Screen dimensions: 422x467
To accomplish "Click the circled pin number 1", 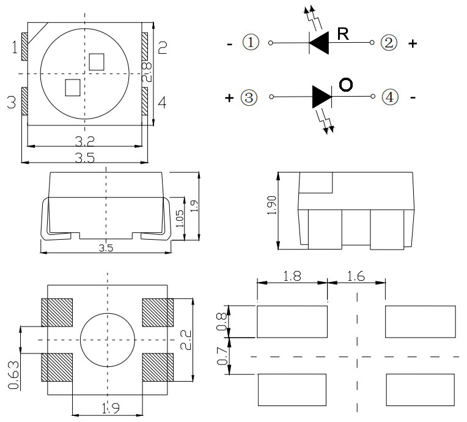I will pyautogui.click(x=251, y=43).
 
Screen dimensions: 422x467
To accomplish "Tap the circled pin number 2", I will pyautogui.click(x=389, y=43).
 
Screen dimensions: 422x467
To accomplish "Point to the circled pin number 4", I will pyautogui.click(x=389, y=97).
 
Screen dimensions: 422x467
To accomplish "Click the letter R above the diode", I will pyautogui.click(x=343, y=34).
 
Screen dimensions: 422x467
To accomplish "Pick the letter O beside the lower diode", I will pyautogui.click(x=345, y=85).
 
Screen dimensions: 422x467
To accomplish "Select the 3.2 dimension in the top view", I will pyautogui.click(x=84, y=141).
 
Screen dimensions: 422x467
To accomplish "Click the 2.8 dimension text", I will pyautogui.click(x=147, y=72).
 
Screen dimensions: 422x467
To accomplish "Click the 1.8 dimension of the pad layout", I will pyautogui.click(x=292, y=276).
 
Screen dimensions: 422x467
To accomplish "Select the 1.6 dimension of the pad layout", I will pyautogui.click(x=356, y=276).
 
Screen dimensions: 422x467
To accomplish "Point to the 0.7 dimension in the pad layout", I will pyautogui.click(x=223, y=355).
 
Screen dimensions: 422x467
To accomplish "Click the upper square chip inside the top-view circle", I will pyautogui.click(x=96, y=61).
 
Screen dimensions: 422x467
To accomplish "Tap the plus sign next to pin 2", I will pyautogui.click(x=413, y=44).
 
